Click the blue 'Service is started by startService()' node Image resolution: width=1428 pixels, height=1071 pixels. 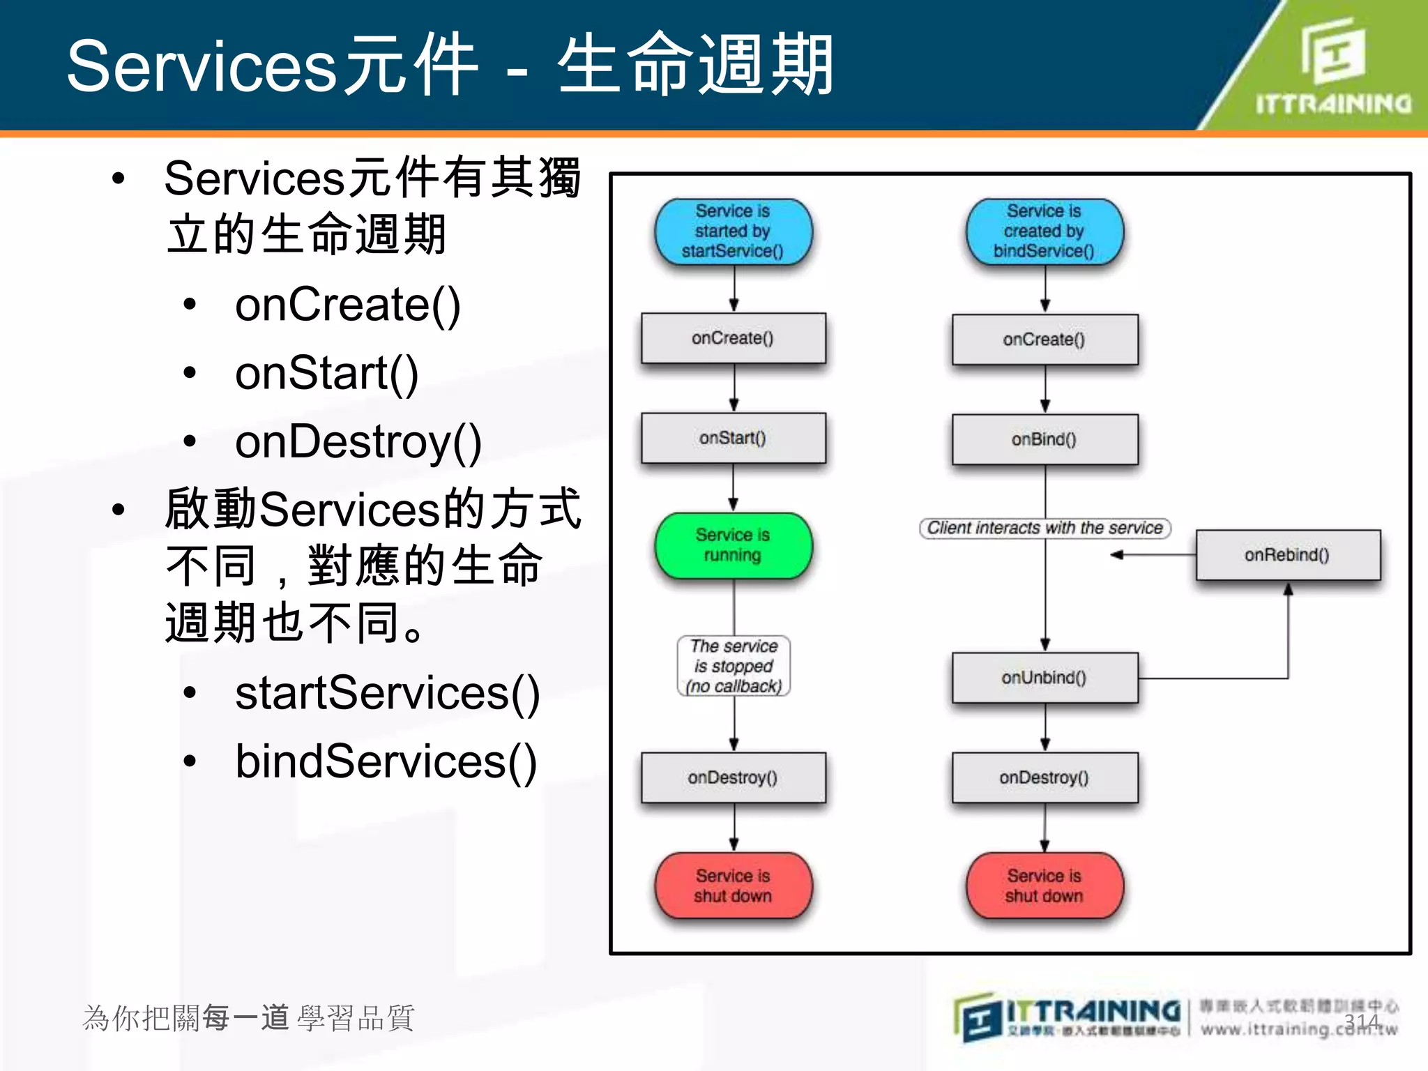(733, 231)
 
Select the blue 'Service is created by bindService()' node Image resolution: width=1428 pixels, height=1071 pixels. (1044, 231)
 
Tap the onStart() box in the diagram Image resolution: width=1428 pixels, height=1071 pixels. (733, 438)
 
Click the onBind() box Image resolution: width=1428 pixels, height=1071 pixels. (1044, 439)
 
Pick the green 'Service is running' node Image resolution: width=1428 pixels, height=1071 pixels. (733, 545)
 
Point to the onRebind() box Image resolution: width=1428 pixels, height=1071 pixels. (1287, 555)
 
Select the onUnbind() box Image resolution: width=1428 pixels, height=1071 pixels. (1044, 678)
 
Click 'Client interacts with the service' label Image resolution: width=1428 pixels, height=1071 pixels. (1044, 528)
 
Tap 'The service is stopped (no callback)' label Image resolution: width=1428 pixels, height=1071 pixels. (734, 666)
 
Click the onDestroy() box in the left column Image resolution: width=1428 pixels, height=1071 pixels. (733, 777)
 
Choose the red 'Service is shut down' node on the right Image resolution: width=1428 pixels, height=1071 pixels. (1044, 886)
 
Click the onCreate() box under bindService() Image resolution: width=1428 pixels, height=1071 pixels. (1044, 340)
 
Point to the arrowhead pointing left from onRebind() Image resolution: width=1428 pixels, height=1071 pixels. (1116, 555)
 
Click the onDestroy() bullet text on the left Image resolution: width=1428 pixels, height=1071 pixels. (358, 442)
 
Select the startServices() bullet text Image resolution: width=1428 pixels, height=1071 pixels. (387, 693)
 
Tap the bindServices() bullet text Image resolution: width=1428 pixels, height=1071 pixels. (386, 761)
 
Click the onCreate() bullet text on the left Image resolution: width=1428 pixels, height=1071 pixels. (347, 305)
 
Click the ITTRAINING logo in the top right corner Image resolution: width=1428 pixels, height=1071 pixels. (1332, 66)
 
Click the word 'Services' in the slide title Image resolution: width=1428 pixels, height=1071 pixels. (202, 66)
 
